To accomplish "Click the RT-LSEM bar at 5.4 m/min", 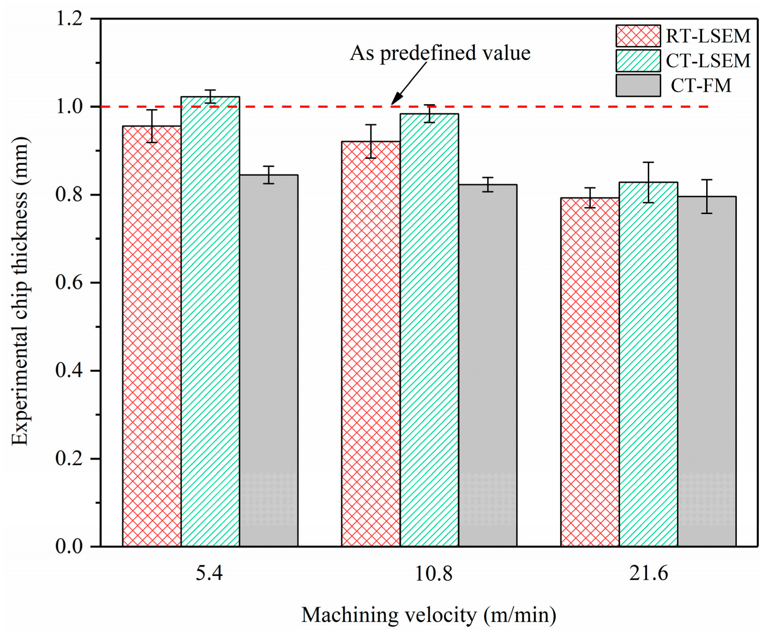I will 152,336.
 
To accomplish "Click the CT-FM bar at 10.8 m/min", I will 487,365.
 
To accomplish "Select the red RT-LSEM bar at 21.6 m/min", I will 590,372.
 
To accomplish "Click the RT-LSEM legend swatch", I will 638,36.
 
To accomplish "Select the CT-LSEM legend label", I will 708,61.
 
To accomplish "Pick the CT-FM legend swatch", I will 638,85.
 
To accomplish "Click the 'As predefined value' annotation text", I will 440,54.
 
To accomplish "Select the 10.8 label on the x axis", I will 433,573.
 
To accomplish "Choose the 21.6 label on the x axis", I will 648,573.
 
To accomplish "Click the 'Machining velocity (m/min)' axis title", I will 429,615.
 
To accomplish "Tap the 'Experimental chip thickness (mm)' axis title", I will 20,291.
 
